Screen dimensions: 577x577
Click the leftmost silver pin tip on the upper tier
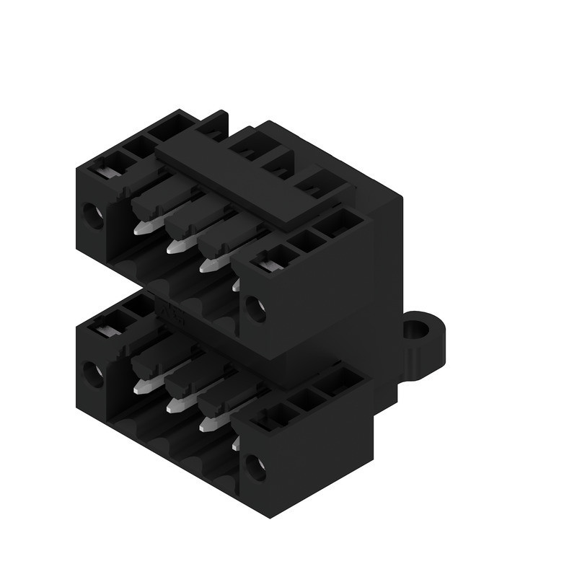(142, 229)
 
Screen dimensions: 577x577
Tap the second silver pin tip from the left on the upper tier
(175, 247)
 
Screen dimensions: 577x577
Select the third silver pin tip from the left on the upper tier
(208, 265)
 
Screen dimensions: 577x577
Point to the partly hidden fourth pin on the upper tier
(236, 285)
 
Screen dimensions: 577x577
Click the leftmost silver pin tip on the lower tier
(141, 388)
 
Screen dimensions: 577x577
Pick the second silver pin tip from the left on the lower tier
(174, 407)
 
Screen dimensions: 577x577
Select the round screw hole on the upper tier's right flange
(254, 309)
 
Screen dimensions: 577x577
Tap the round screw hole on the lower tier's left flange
(93, 374)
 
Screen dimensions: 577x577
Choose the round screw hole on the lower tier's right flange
(255, 468)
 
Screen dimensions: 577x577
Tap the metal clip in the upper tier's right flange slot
(268, 265)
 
